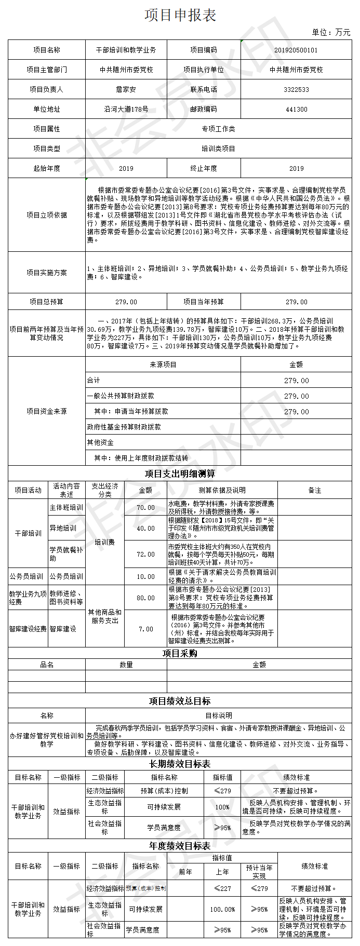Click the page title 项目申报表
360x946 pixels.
(180, 15)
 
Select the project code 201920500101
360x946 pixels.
(296, 50)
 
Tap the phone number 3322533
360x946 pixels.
(296, 90)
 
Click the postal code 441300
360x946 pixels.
(296, 110)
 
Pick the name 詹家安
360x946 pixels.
(126, 90)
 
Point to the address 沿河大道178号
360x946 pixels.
(126, 110)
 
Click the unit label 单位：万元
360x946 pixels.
(331, 33)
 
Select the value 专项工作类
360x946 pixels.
(218, 129)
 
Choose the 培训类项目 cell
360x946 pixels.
(218, 149)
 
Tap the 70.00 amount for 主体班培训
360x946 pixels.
(145, 508)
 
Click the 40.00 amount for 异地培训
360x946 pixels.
(145, 529)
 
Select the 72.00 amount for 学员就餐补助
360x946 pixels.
(145, 555)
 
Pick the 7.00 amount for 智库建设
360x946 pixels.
(145, 629)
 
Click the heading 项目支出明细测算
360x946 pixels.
(180, 474)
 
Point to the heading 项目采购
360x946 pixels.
(180, 654)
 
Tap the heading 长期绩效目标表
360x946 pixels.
(180, 764)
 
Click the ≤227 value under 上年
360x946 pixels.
(222, 888)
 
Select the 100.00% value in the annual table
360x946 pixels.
(222, 910)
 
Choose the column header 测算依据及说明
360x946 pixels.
(222, 491)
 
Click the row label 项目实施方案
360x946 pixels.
(47, 273)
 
